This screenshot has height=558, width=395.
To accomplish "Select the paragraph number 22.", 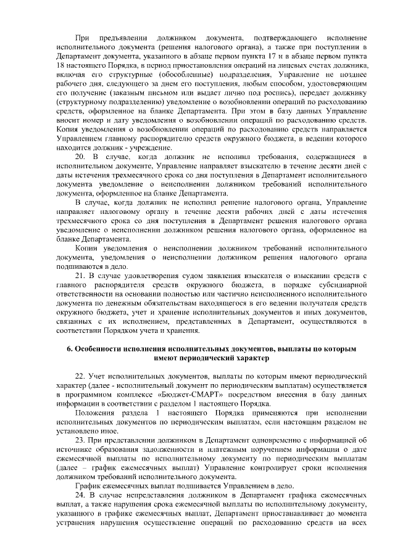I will click(x=80, y=375).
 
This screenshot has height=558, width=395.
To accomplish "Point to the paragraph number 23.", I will click(x=80, y=440).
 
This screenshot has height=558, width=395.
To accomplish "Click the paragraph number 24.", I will click(x=80, y=496).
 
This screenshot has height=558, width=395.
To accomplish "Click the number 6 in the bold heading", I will click(x=69, y=350).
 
